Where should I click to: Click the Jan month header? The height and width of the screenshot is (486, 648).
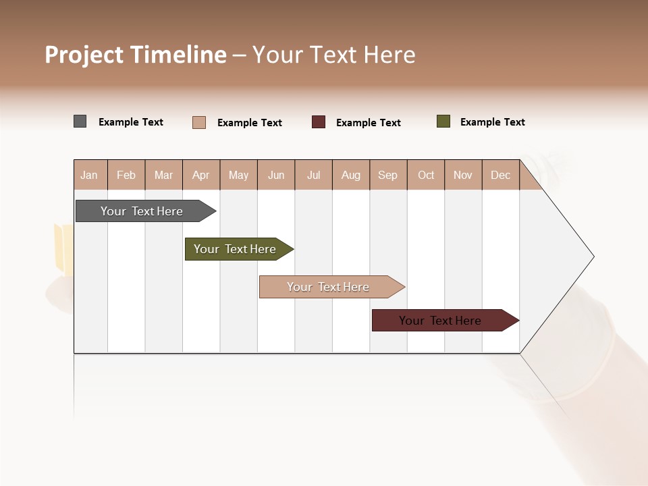90,175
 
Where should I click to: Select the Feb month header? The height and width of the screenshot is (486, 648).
126,175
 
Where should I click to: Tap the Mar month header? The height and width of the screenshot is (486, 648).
163,175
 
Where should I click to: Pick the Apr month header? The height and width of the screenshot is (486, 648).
201,175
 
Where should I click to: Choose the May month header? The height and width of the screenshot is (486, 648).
238,175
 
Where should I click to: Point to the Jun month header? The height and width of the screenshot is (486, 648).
276,175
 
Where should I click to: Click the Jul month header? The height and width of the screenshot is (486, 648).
313,175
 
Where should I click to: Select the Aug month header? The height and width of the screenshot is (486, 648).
351,175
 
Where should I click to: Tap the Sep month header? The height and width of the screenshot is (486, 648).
388,175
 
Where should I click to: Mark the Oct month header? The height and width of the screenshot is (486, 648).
426,175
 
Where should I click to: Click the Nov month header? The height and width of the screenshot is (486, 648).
463,175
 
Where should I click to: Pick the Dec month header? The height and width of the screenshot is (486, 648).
501,175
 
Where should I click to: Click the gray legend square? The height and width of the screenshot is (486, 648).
80,122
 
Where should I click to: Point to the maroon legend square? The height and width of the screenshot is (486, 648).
319,122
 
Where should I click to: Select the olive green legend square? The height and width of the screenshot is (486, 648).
443,122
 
